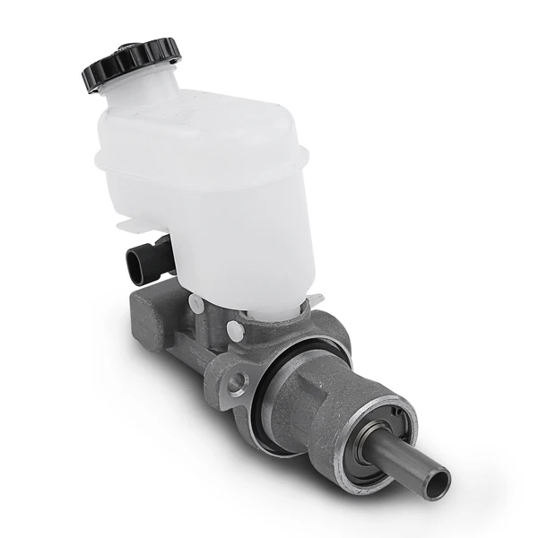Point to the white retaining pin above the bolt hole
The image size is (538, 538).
(235, 329)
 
